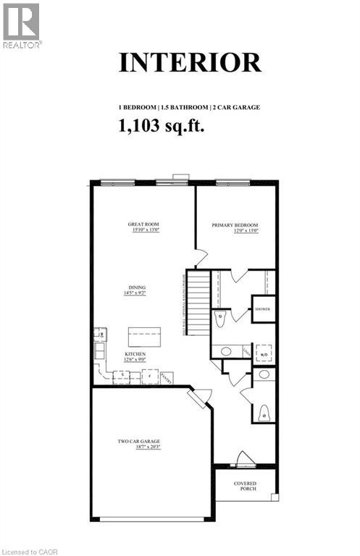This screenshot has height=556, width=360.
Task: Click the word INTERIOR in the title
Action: tap(190, 62)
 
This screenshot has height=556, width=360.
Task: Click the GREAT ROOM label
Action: tap(143, 224)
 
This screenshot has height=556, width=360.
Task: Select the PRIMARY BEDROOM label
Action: tap(235, 225)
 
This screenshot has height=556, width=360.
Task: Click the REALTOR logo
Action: tap(22, 25)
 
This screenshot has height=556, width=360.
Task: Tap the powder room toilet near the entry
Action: tap(264, 413)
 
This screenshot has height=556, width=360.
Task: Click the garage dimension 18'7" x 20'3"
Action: tap(139, 447)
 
